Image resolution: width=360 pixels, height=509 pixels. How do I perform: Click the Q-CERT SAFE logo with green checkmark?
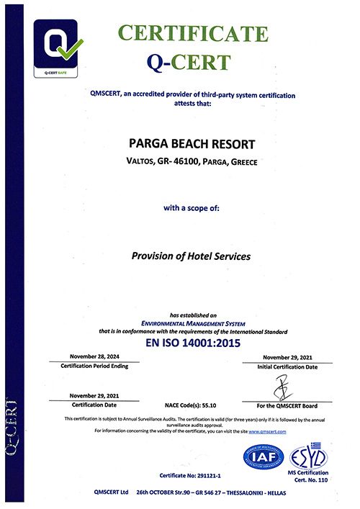pyautogui.click(x=59, y=49)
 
